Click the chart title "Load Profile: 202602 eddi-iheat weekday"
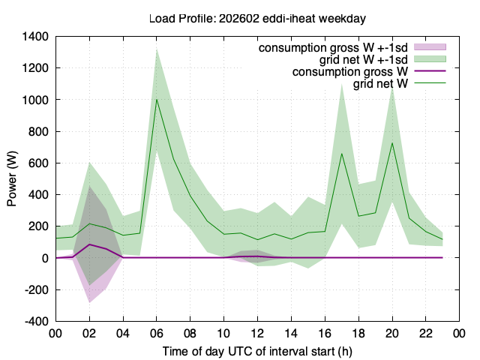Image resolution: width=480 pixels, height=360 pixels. tap(257, 18)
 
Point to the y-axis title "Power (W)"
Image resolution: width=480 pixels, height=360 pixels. tap(12, 178)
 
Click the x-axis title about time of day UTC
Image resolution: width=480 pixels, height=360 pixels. tap(257, 352)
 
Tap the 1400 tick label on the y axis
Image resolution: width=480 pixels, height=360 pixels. tap(35, 37)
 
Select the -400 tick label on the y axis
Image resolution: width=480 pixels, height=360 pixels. tap(37, 322)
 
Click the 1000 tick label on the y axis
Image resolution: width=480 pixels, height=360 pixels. tap(35, 100)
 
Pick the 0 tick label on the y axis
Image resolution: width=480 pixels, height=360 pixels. tap(45, 258)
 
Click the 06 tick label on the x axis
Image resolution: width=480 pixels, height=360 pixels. tap(157, 333)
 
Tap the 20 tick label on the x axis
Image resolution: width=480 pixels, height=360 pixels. tap(392, 333)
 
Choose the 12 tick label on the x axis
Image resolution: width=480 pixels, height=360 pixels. tap(257, 333)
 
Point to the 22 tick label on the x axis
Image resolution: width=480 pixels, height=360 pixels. tap(426, 333)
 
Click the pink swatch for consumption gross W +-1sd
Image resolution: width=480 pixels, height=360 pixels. tap(430, 46)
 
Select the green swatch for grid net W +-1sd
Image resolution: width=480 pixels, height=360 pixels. tap(430, 58)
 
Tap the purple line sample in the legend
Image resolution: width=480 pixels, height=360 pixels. tap(430, 70)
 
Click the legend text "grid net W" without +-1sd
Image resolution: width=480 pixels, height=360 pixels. tap(380, 83)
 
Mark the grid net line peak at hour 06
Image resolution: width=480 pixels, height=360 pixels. tap(157, 99)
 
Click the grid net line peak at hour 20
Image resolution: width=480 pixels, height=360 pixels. tap(392, 143)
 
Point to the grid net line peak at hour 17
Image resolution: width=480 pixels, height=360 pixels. tap(342, 153)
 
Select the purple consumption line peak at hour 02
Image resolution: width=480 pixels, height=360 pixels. tap(89, 244)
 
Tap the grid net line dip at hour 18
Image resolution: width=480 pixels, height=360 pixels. tap(358, 216)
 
